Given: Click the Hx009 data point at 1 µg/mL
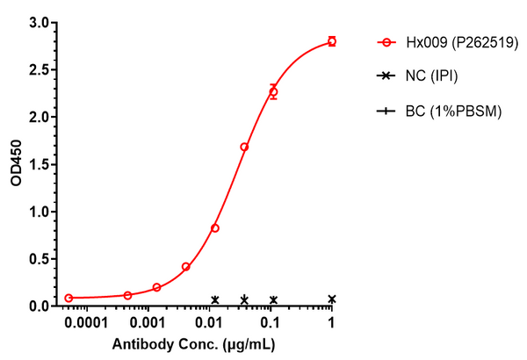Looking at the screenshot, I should pyautogui.click(x=331, y=41).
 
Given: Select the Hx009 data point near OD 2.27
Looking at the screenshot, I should pyautogui.click(x=273, y=91).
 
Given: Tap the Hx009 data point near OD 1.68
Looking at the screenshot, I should pyautogui.click(x=244, y=147).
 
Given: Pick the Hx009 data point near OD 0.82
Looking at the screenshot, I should pyautogui.click(x=215, y=228).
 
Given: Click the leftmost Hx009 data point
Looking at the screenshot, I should pyautogui.click(x=69, y=298).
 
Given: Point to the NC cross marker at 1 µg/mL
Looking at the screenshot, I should pyautogui.click(x=332, y=299).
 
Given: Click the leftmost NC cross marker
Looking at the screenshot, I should pyautogui.click(x=215, y=299).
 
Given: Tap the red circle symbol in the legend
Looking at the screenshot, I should pyautogui.click(x=385, y=42).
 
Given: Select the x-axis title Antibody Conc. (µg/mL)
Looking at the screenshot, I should pyautogui.click(x=190, y=344).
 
